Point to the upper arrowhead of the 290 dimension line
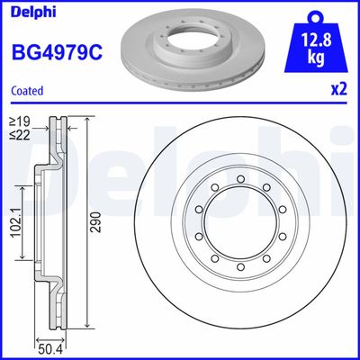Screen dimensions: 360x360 86,120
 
